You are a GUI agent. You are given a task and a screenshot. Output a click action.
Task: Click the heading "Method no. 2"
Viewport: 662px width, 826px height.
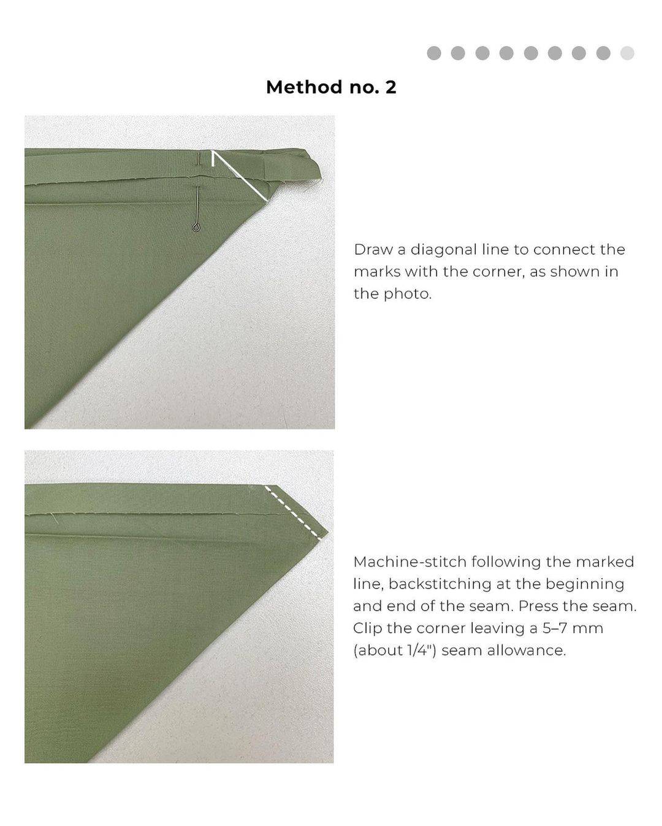(331, 87)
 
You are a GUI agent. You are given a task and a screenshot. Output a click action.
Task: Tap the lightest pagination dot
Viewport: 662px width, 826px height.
(627, 53)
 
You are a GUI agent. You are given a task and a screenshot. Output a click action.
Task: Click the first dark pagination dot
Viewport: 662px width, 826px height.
(434, 53)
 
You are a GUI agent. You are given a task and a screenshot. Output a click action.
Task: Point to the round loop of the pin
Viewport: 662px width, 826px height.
(196, 228)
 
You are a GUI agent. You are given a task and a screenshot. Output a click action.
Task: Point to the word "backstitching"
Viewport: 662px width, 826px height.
(439, 584)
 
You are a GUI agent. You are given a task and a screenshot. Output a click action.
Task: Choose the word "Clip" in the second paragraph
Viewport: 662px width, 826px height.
(368, 629)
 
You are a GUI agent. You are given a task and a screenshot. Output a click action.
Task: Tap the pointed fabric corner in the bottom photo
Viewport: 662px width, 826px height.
(327, 533)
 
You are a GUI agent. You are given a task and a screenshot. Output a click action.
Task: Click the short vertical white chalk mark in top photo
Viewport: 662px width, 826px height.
(213, 159)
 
